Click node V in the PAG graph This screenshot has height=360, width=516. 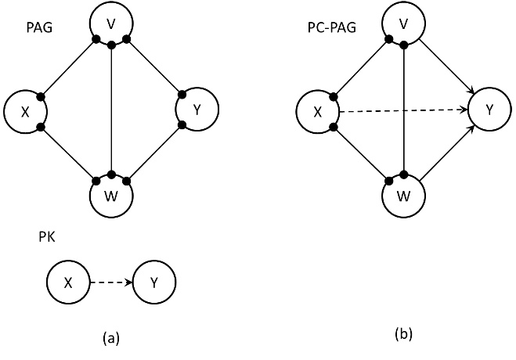tap(112, 24)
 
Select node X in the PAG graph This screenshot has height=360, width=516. tap(25, 112)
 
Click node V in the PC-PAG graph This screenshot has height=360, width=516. tap(403, 24)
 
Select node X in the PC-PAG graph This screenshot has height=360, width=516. tap(317, 112)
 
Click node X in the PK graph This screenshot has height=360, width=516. tap(68, 283)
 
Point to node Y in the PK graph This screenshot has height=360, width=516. tap(153, 283)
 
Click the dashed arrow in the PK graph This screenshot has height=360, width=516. tap(110, 283)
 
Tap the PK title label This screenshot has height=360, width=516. tap(46, 238)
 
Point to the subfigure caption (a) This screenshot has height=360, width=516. tap(110, 337)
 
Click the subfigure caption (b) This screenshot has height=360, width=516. tap(403, 333)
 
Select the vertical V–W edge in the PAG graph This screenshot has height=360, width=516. tap(112, 110)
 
